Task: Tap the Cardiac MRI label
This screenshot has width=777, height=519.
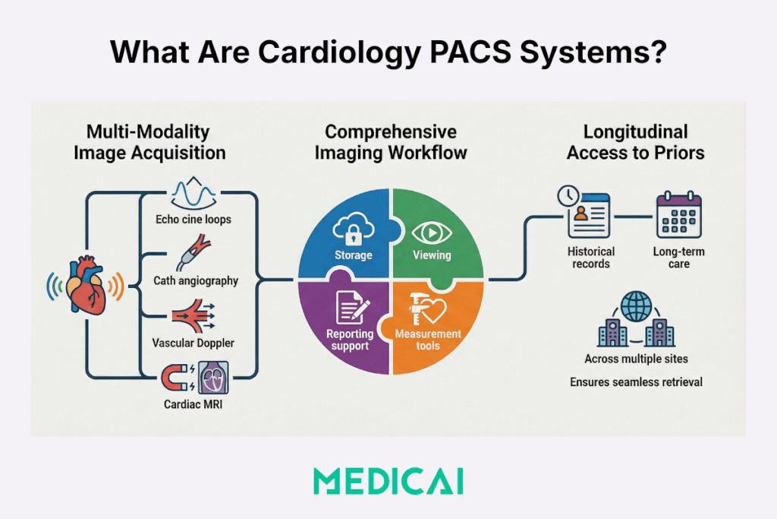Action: [x=193, y=404]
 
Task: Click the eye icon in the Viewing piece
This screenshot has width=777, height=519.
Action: [x=429, y=231]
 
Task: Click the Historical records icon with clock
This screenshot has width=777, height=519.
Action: [x=588, y=214]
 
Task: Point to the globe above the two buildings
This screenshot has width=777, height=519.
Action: [x=636, y=308]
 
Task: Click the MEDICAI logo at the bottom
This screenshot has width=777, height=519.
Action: [x=388, y=481]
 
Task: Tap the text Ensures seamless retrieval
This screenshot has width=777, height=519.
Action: [x=636, y=381]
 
